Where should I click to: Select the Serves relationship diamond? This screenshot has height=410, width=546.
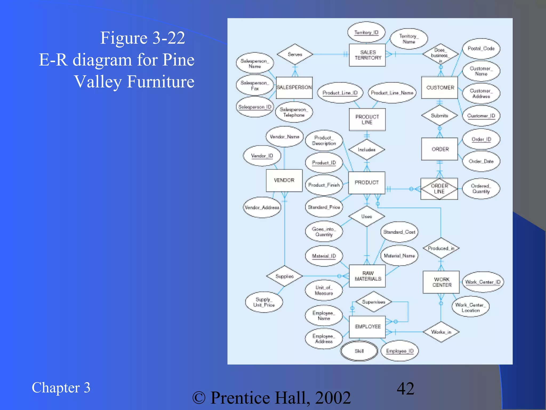click(x=295, y=54)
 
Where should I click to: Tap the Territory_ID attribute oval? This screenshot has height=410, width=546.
click(x=366, y=32)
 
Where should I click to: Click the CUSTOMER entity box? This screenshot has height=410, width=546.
click(x=440, y=88)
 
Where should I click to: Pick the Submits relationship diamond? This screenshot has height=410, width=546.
click(x=439, y=115)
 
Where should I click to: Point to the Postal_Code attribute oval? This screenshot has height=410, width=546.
click(x=481, y=49)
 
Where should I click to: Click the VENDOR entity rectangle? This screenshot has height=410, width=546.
click(x=284, y=180)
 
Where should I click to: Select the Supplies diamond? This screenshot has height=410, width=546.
click(x=284, y=276)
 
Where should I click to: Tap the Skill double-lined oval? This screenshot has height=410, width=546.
click(x=359, y=351)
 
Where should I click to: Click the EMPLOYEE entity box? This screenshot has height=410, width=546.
click(x=367, y=326)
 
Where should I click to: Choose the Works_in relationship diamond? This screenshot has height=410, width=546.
click(x=441, y=332)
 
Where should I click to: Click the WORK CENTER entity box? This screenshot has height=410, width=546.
click(x=441, y=282)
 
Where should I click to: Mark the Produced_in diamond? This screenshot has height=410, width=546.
click(x=441, y=248)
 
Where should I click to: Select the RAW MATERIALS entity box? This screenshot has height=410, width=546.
click(x=367, y=276)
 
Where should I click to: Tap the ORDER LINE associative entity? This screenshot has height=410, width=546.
click(x=439, y=189)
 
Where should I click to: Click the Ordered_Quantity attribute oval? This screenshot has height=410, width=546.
click(x=481, y=188)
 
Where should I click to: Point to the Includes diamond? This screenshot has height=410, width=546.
click(x=367, y=149)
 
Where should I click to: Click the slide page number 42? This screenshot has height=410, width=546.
click(x=405, y=388)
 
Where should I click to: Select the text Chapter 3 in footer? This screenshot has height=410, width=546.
click(x=61, y=388)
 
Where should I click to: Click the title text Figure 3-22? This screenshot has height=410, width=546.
click(x=142, y=38)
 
